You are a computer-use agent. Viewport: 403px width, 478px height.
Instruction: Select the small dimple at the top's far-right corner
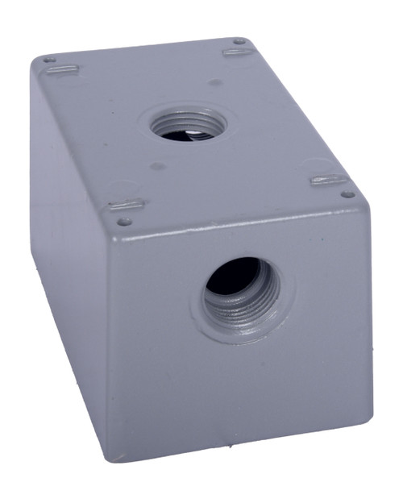239,41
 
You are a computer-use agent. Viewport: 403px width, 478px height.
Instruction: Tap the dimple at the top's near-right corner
347,193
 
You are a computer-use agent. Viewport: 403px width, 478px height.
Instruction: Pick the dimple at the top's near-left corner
123,221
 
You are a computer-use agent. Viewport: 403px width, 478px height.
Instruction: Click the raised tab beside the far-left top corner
60,70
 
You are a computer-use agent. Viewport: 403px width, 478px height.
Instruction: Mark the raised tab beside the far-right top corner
239,52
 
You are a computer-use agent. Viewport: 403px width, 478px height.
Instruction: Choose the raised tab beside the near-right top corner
330,180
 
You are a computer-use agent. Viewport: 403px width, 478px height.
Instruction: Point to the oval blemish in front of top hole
158,167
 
